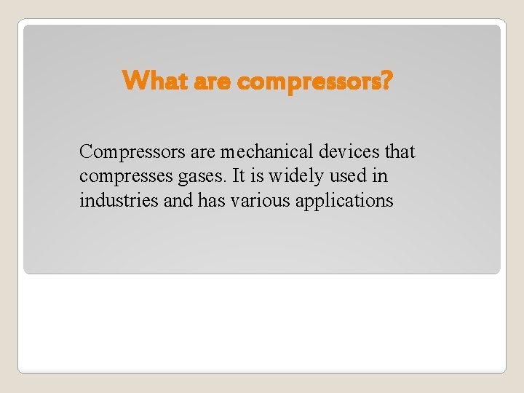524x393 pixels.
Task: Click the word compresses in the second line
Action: click(132, 177)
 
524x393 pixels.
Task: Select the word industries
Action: click(119, 200)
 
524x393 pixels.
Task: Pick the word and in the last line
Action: click(178, 200)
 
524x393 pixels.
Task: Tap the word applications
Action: click(344, 201)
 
